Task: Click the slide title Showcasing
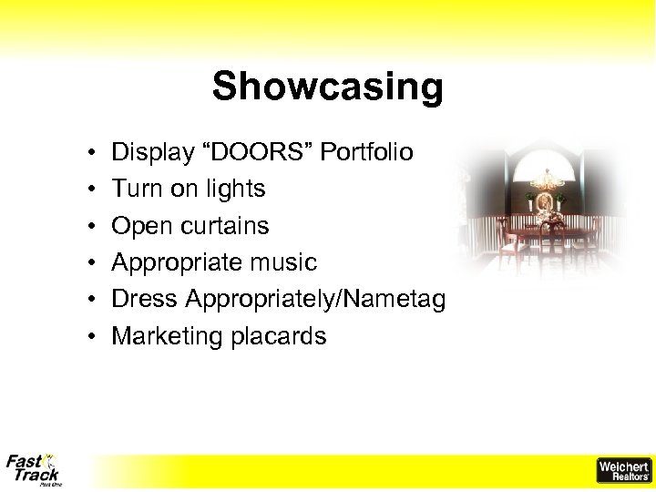point(327,87)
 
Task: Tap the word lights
point(235,189)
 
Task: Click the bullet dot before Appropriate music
point(94,263)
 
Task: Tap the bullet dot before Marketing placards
point(94,337)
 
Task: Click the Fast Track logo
point(34,468)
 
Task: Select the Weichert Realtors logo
point(623,469)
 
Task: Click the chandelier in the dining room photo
point(546,179)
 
